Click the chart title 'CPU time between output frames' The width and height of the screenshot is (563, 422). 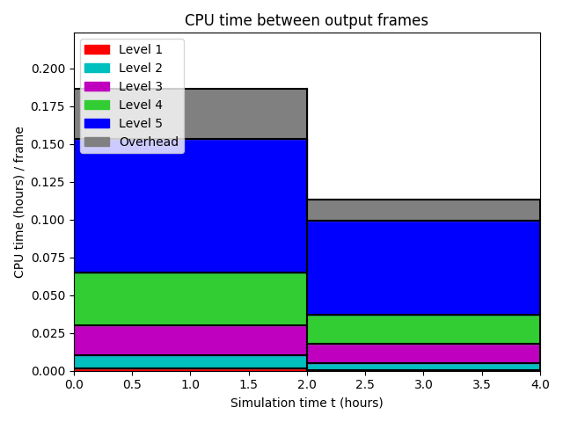point(306,20)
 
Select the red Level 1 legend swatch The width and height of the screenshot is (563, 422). point(97,49)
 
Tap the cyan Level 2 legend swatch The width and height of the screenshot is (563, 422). point(97,69)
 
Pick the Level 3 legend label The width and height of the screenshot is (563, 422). point(141,86)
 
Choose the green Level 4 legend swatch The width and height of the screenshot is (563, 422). point(97,105)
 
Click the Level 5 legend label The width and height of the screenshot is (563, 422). point(141,123)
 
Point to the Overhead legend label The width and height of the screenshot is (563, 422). point(149,142)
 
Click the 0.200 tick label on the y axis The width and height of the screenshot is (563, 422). point(48,69)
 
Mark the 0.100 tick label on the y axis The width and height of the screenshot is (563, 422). point(48,220)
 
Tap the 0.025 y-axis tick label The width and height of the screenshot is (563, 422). point(48,333)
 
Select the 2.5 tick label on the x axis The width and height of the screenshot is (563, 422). point(365,384)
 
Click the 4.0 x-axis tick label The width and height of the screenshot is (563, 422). point(540,384)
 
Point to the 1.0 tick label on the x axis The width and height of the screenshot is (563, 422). point(190,384)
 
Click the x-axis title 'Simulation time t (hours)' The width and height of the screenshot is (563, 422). point(307,403)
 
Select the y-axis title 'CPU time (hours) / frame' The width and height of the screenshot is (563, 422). point(18,202)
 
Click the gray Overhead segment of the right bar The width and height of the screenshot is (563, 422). point(424,210)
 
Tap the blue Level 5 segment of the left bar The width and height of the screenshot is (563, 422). point(190,206)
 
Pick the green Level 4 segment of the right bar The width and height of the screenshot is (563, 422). point(424,329)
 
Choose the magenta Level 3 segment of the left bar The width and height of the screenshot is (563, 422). point(190,340)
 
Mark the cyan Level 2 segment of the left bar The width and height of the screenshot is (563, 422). point(190,361)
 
